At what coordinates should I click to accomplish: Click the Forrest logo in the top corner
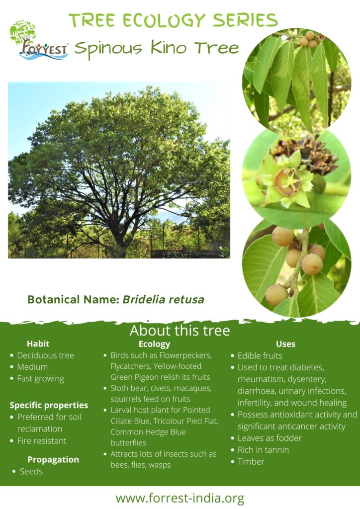pos(39,41)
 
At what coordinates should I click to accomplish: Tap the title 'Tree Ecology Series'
pos(174,21)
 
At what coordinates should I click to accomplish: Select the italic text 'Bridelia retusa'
pos(163,299)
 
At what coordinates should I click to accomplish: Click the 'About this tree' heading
pos(180,331)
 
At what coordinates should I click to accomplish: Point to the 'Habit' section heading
pos(38,344)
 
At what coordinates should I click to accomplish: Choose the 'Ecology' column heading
pos(154,344)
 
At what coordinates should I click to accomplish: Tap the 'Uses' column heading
pos(285,344)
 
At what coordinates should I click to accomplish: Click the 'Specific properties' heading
pos(49,406)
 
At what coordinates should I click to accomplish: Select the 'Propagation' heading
pos(53,460)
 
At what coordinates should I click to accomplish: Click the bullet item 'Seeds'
pos(31,471)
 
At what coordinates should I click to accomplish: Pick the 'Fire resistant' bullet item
pos(42,441)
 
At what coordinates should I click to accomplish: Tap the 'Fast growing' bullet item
pos(41,379)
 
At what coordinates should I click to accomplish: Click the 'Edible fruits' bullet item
pos(260,356)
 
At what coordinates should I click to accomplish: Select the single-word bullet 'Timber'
pos(251,462)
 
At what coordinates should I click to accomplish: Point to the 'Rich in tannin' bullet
pos(263,450)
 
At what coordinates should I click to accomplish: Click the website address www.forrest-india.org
pos(180,498)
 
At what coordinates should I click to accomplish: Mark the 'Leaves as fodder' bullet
pos(270,438)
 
